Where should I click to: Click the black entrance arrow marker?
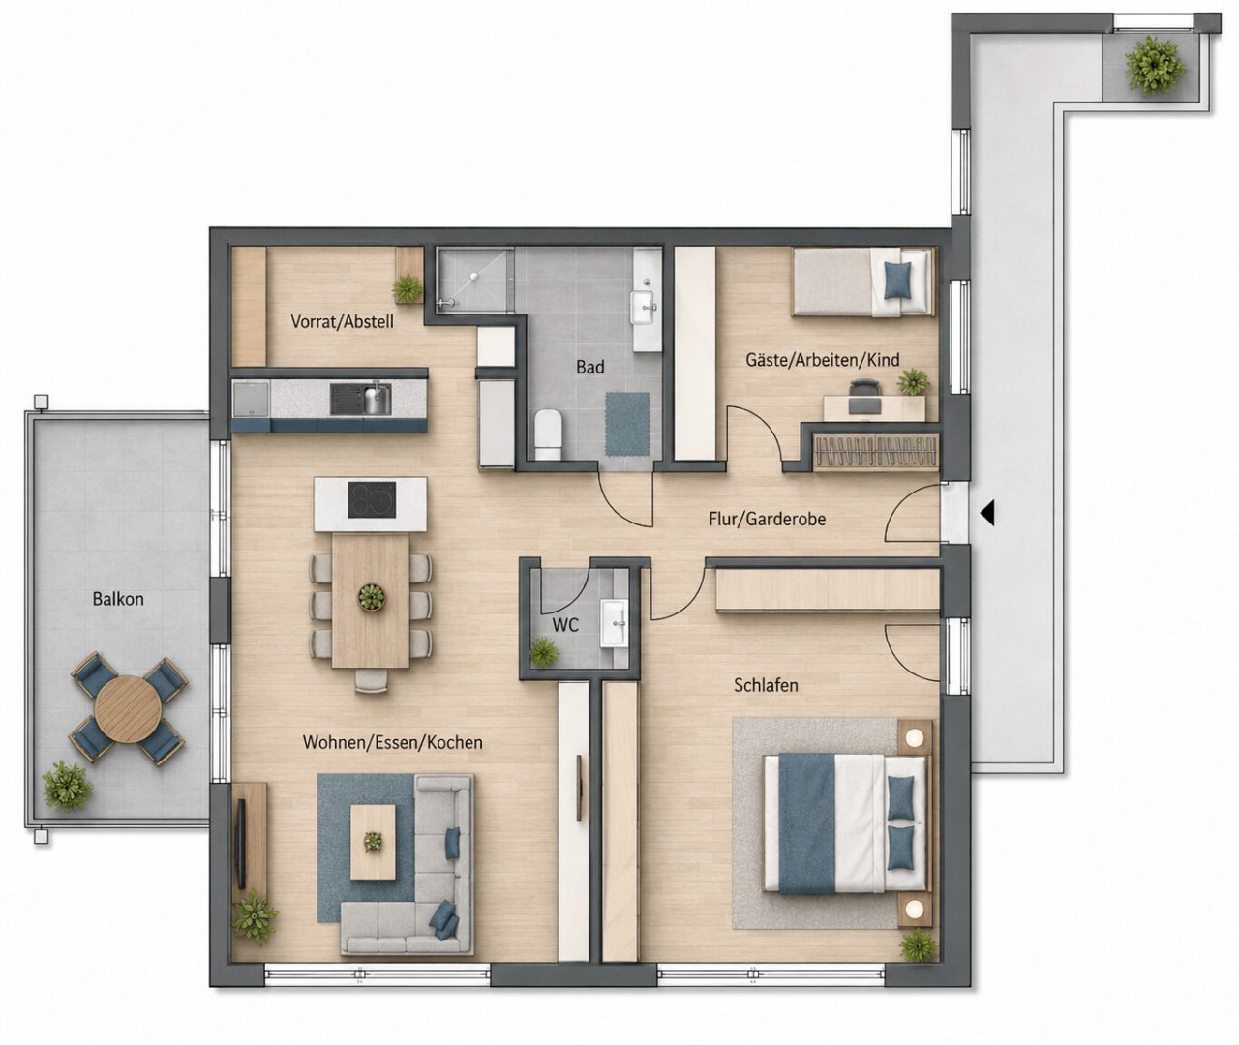coord(987,513)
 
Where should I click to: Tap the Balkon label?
coord(118,599)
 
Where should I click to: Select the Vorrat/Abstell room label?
coord(343,322)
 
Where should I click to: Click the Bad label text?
coord(590,367)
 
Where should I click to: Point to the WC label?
coord(565,625)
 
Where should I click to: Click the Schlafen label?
coord(766,686)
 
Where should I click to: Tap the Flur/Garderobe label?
coord(768,520)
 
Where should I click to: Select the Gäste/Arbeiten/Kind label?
coord(823,360)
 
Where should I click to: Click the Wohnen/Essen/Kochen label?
coord(393,742)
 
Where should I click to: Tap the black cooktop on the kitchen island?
coord(372,500)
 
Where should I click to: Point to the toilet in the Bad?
coord(548,436)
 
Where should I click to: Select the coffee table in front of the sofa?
coord(374,842)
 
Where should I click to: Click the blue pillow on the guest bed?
coord(898,282)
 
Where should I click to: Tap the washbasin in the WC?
coord(615,623)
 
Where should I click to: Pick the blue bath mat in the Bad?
coord(627,424)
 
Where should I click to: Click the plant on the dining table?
coord(372,597)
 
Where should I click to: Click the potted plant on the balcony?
coord(67,788)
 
